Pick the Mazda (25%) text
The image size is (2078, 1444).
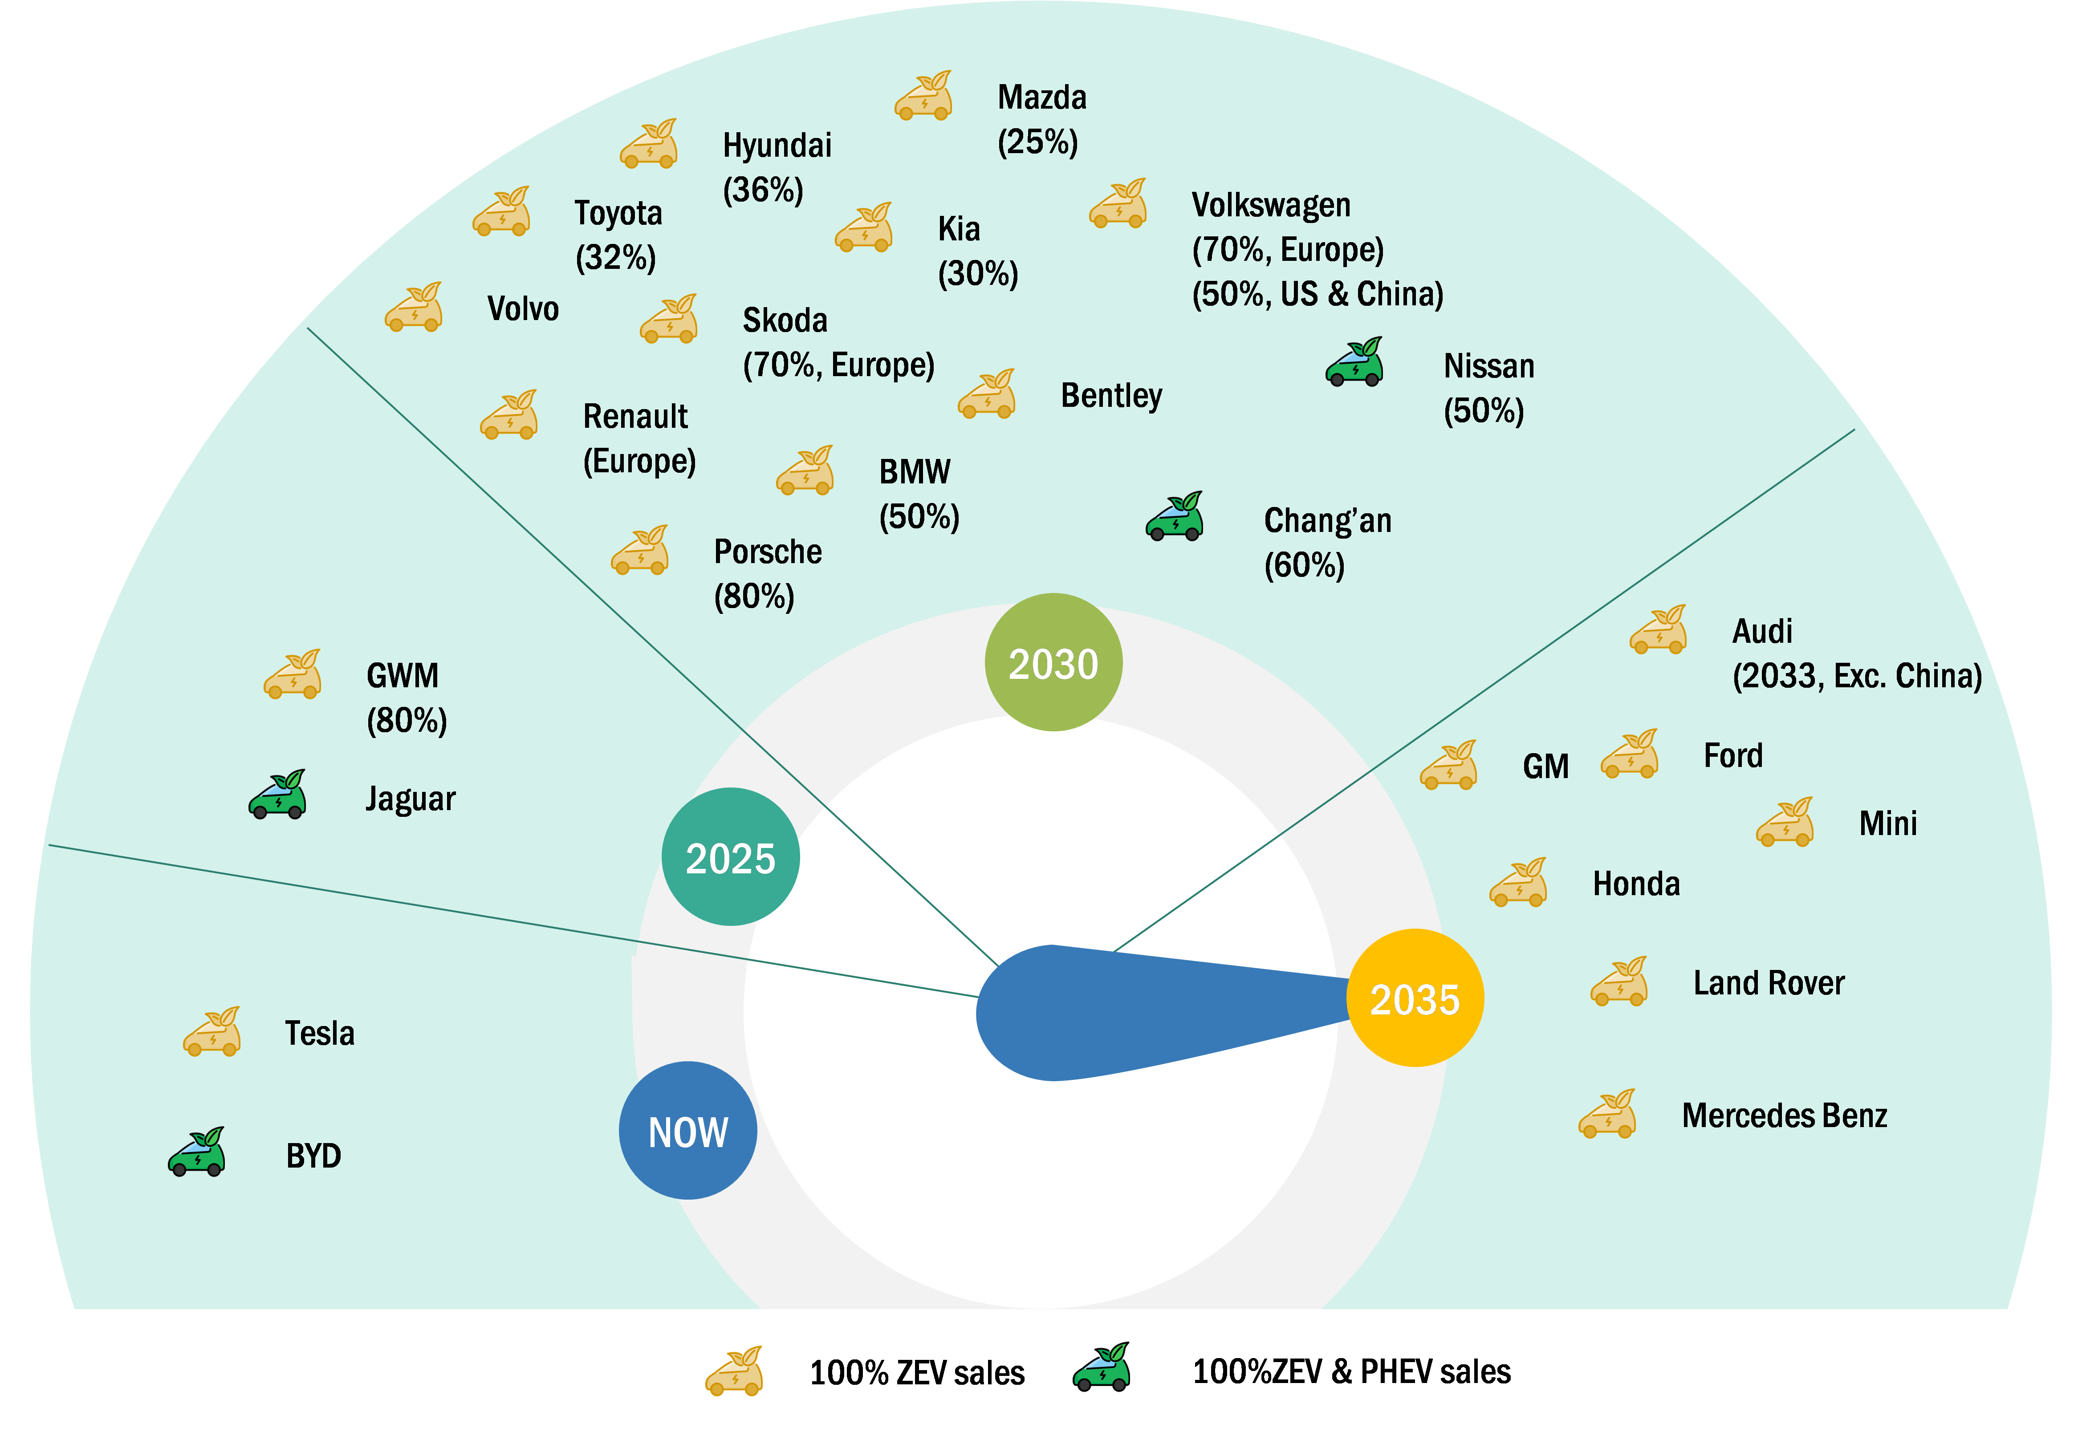point(1041,119)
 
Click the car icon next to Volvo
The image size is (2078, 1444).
point(414,308)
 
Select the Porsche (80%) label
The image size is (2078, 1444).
point(767,574)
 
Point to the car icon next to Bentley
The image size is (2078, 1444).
point(987,394)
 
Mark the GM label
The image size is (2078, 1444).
point(1545,767)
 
